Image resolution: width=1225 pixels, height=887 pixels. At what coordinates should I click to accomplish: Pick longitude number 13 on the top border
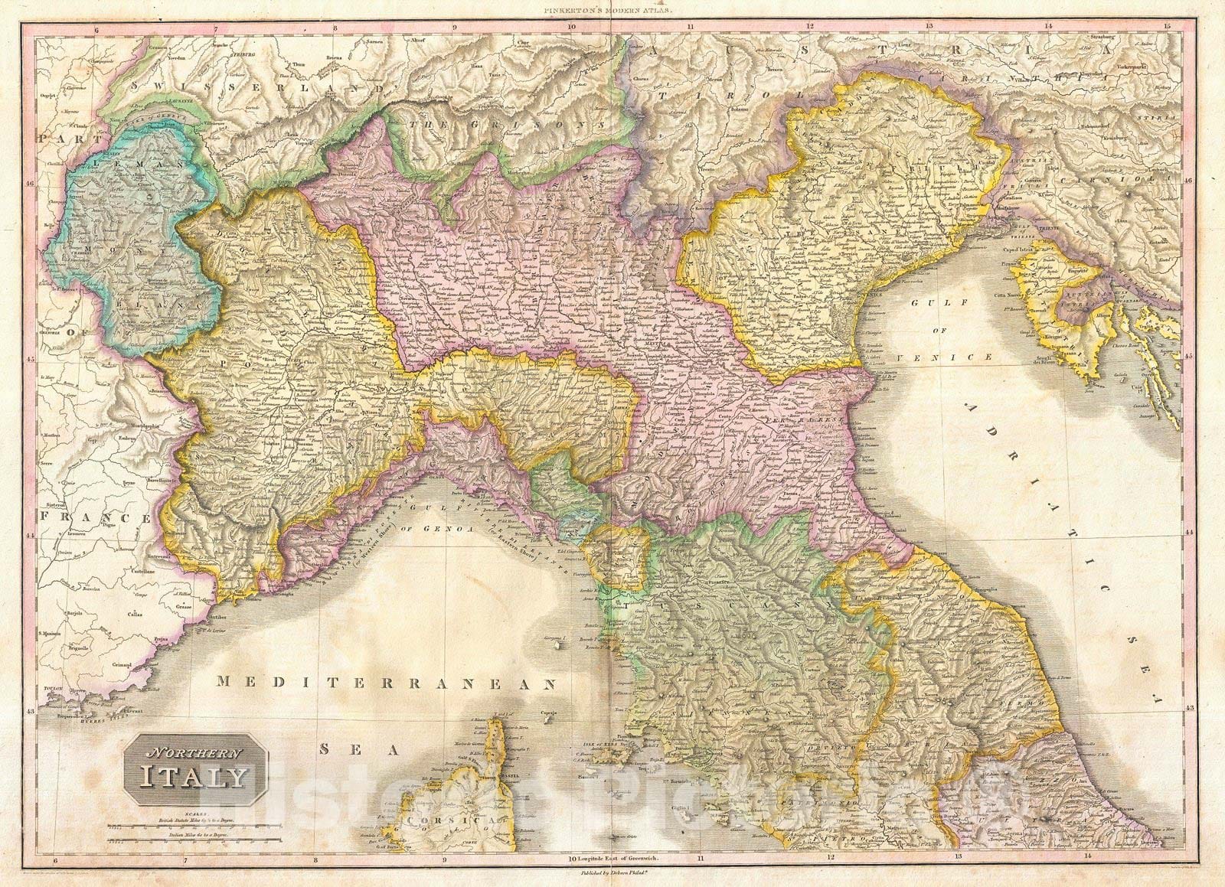[928, 26]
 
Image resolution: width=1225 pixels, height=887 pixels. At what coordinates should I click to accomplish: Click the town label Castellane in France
[147, 571]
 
